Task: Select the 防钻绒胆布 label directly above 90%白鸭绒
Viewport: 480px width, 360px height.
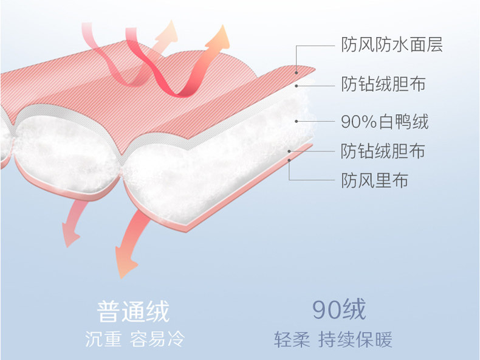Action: click(383, 83)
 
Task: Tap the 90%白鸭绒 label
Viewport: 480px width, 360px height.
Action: click(385, 122)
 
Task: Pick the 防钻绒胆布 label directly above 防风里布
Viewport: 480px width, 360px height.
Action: click(383, 150)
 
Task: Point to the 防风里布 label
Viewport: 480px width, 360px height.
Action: click(374, 180)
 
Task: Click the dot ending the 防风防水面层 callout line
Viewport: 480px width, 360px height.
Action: click(297, 72)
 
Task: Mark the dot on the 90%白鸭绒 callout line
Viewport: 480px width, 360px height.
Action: click(297, 122)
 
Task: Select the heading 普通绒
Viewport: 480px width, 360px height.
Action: click(134, 311)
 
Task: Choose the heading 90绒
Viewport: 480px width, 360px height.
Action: click(339, 310)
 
